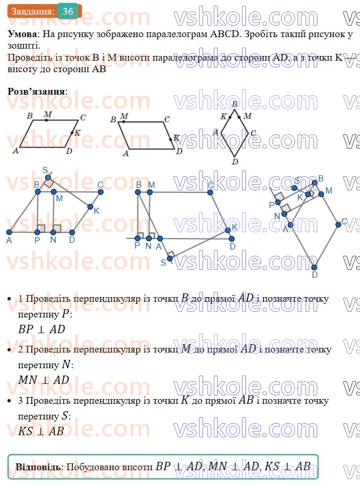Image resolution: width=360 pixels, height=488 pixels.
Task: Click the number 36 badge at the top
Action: (x=68, y=12)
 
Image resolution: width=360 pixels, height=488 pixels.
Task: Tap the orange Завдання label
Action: (x=32, y=12)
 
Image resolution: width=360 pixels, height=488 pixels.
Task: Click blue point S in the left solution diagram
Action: (x=48, y=177)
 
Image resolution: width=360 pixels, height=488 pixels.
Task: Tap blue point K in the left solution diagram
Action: (x=91, y=207)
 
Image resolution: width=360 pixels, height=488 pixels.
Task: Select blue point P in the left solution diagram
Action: (x=37, y=232)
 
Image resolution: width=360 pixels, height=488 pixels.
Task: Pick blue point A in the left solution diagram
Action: (x=9, y=232)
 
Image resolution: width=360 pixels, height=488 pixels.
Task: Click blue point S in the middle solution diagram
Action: (x=170, y=258)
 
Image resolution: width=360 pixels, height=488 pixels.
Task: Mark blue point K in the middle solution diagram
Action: (x=228, y=230)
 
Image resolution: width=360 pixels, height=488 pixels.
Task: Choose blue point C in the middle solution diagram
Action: (x=210, y=192)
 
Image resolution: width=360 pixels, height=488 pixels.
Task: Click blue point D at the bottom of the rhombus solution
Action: (x=314, y=267)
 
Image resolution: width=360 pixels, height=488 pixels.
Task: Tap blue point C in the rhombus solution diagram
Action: (x=339, y=224)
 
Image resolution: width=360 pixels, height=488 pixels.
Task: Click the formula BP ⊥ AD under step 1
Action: (x=42, y=330)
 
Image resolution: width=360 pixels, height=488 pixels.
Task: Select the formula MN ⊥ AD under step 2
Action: (x=43, y=380)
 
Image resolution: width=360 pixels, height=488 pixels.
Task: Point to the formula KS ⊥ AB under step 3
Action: (x=41, y=432)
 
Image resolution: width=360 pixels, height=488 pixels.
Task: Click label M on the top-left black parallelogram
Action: (x=48, y=115)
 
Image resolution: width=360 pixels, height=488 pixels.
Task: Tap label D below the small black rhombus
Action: (x=235, y=162)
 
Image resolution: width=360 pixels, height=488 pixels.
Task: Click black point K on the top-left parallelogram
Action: (x=72, y=133)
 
